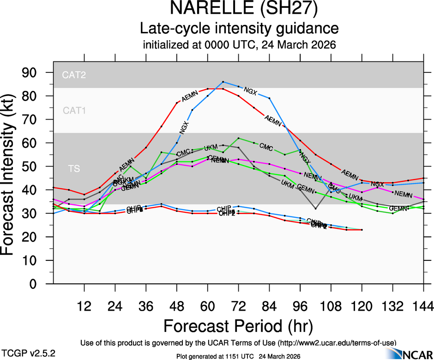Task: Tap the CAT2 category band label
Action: tap(74, 75)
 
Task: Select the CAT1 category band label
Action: tap(74, 111)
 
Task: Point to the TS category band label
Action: tap(74, 169)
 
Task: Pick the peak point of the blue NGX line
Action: tap(223, 82)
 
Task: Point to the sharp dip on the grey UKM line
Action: tap(315, 209)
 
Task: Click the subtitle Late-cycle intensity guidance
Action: tap(239, 29)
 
